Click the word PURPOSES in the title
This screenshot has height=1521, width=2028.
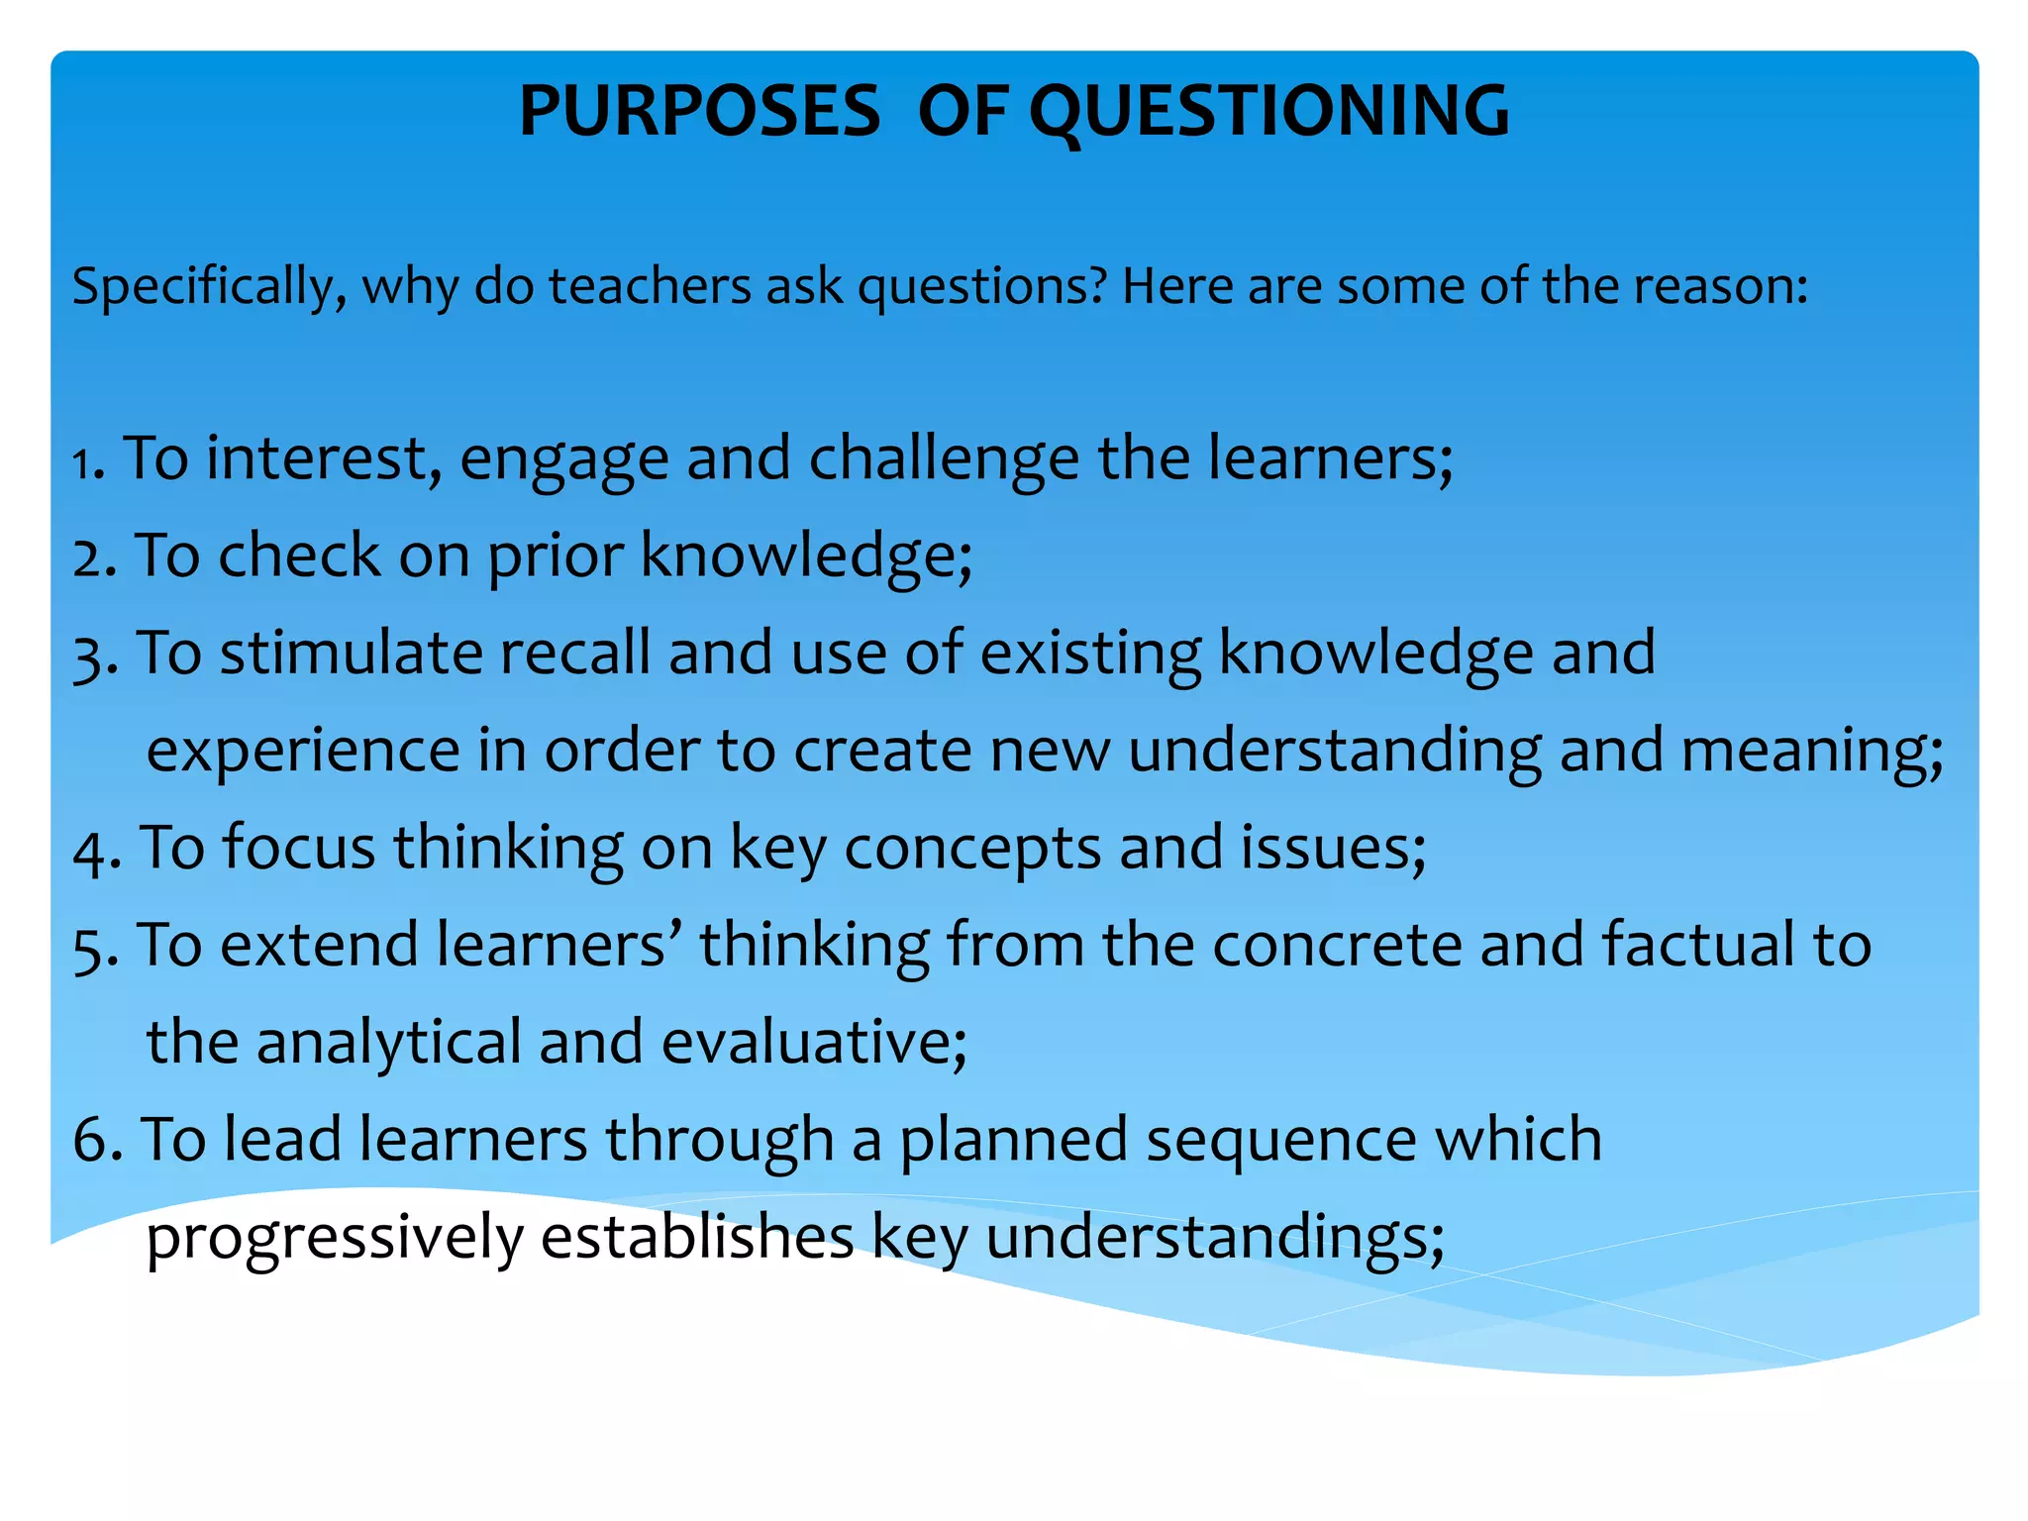click(x=699, y=111)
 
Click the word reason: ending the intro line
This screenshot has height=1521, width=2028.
click(x=1720, y=286)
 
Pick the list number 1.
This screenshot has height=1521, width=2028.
click(x=87, y=462)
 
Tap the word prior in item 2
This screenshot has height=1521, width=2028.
click(x=555, y=557)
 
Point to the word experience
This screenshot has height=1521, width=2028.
click(x=303, y=751)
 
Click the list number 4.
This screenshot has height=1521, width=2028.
click(x=92, y=850)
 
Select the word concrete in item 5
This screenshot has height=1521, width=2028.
click(x=1337, y=945)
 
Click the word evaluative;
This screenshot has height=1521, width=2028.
click(x=813, y=1043)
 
